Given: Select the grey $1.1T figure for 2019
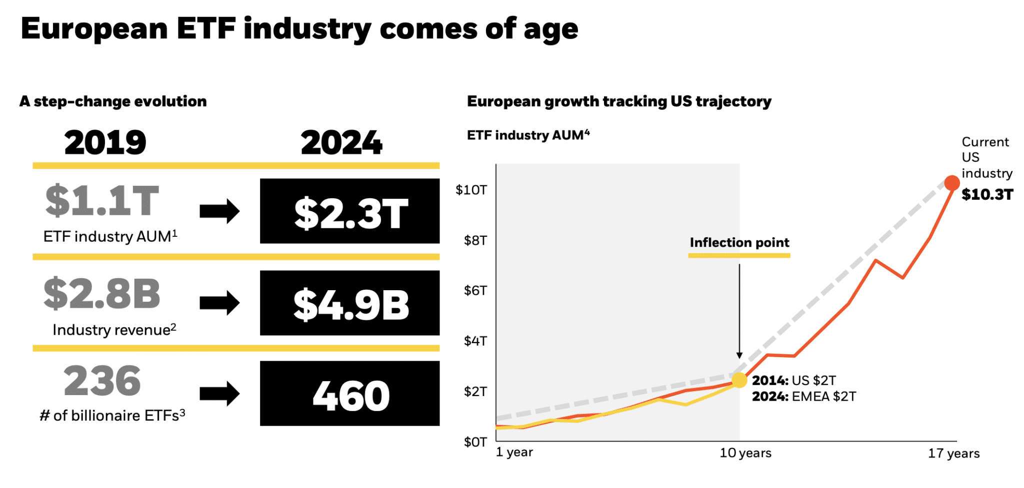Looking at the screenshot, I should click(x=102, y=201).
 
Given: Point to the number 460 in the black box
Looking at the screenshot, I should click(x=350, y=396).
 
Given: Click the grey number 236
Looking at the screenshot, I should click(x=102, y=381).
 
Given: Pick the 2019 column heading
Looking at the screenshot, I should click(x=105, y=143).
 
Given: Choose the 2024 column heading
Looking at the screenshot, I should click(x=341, y=143).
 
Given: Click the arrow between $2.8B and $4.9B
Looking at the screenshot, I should click(x=219, y=303).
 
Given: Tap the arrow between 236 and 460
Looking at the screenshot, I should click(x=219, y=393).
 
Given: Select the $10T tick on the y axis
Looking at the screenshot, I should click(x=471, y=190).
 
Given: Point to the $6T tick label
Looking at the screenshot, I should click(x=475, y=291).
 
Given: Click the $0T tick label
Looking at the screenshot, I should click(x=475, y=442).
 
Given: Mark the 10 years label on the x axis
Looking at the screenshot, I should click(x=745, y=453).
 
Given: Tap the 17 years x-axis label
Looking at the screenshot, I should click(x=953, y=454).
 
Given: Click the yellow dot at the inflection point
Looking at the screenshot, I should click(x=739, y=380).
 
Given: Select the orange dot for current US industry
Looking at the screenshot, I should click(x=951, y=183).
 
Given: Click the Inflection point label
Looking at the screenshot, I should click(x=739, y=243).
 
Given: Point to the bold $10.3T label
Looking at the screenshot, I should click(x=987, y=195).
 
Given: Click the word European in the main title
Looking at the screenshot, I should click(x=94, y=29).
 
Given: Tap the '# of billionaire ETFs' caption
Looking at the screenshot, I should click(x=112, y=416).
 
